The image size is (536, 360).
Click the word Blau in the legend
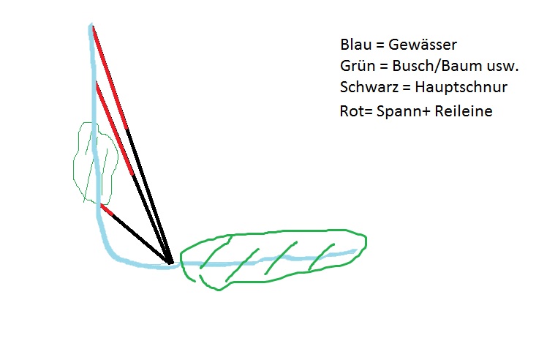coord(354,45)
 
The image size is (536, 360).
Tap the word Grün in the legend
coord(355,66)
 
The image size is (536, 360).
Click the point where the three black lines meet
coord(170,262)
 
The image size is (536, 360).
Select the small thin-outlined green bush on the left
coord(95,162)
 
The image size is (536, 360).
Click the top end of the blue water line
coord(91,27)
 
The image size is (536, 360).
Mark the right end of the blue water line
coord(356,251)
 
